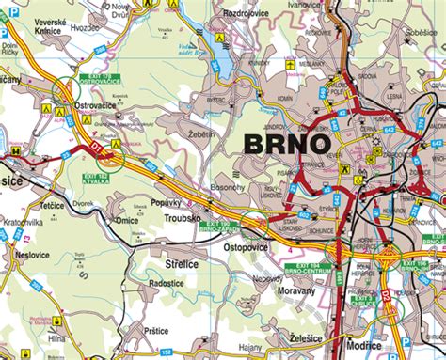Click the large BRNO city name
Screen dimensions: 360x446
(287, 144)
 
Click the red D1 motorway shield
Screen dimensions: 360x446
(94, 147)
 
